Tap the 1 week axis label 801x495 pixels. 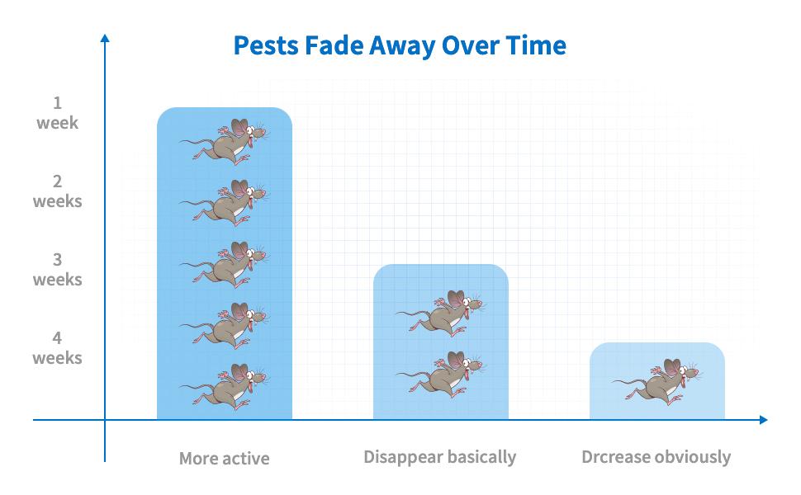pyautogui.click(x=57, y=113)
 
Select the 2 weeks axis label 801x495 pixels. pyautogui.click(x=57, y=191)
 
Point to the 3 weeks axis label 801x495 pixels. pyautogui.click(x=57, y=270)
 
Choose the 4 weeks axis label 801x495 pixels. pyautogui.click(x=57, y=348)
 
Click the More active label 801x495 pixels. pyautogui.click(x=225, y=458)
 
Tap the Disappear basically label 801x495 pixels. pyautogui.click(x=439, y=456)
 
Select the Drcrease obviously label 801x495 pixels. pyautogui.click(x=656, y=456)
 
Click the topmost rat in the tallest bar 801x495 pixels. pyautogui.click(x=227, y=143)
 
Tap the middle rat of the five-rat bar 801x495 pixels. pyautogui.click(x=227, y=264)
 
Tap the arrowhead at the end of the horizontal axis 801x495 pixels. pyautogui.click(x=763, y=420)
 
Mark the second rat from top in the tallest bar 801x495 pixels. pyautogui.click(x=227, y=202)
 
